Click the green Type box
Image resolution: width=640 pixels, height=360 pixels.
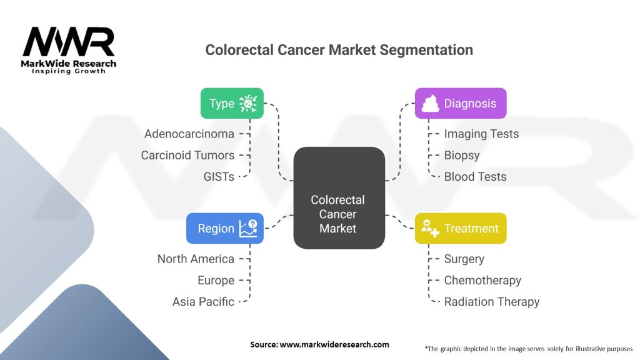tap(231, 103)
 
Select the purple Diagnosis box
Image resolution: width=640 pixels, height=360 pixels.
tap(461, 103)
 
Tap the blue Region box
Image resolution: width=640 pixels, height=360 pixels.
tap(224, 228)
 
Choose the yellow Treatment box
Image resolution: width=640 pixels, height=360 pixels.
tap(461, 228)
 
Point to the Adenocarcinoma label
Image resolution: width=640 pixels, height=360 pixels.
tap(189, 134)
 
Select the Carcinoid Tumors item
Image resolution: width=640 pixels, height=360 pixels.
tap(187, 155)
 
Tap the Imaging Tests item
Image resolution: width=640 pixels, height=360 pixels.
tap(481, 134)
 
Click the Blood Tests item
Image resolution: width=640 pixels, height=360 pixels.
tap(475, 176)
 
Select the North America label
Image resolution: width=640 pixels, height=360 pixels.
tap(196, 259)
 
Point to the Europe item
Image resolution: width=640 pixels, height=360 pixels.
tap(216, 280)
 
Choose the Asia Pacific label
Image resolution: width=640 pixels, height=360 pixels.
tap(203, 301)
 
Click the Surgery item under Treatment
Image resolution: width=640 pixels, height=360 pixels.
tap(464, 259)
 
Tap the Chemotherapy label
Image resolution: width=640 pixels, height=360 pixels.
tap(482, 280)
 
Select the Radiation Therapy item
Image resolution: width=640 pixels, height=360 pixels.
tap(491, 301)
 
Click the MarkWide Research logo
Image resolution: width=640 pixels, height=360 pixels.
tap(69, 51)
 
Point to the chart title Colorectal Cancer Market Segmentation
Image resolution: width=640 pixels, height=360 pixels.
tap(339, 50)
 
